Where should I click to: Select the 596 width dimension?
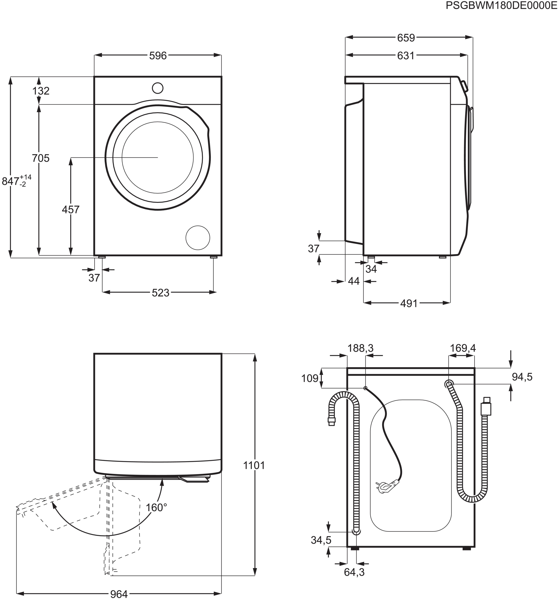tap(158, 56)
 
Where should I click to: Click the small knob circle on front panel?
tap(158, 88)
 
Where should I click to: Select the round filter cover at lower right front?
tap(198, 238)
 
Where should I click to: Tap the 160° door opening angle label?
tap(156, 508)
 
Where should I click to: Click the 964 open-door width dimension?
tap(119, 594)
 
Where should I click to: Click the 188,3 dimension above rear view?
tap(360, 348)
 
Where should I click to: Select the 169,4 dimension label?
tap(463, 348)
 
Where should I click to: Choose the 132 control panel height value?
tap(41, 91)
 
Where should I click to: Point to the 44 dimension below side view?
tap(354, 281)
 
